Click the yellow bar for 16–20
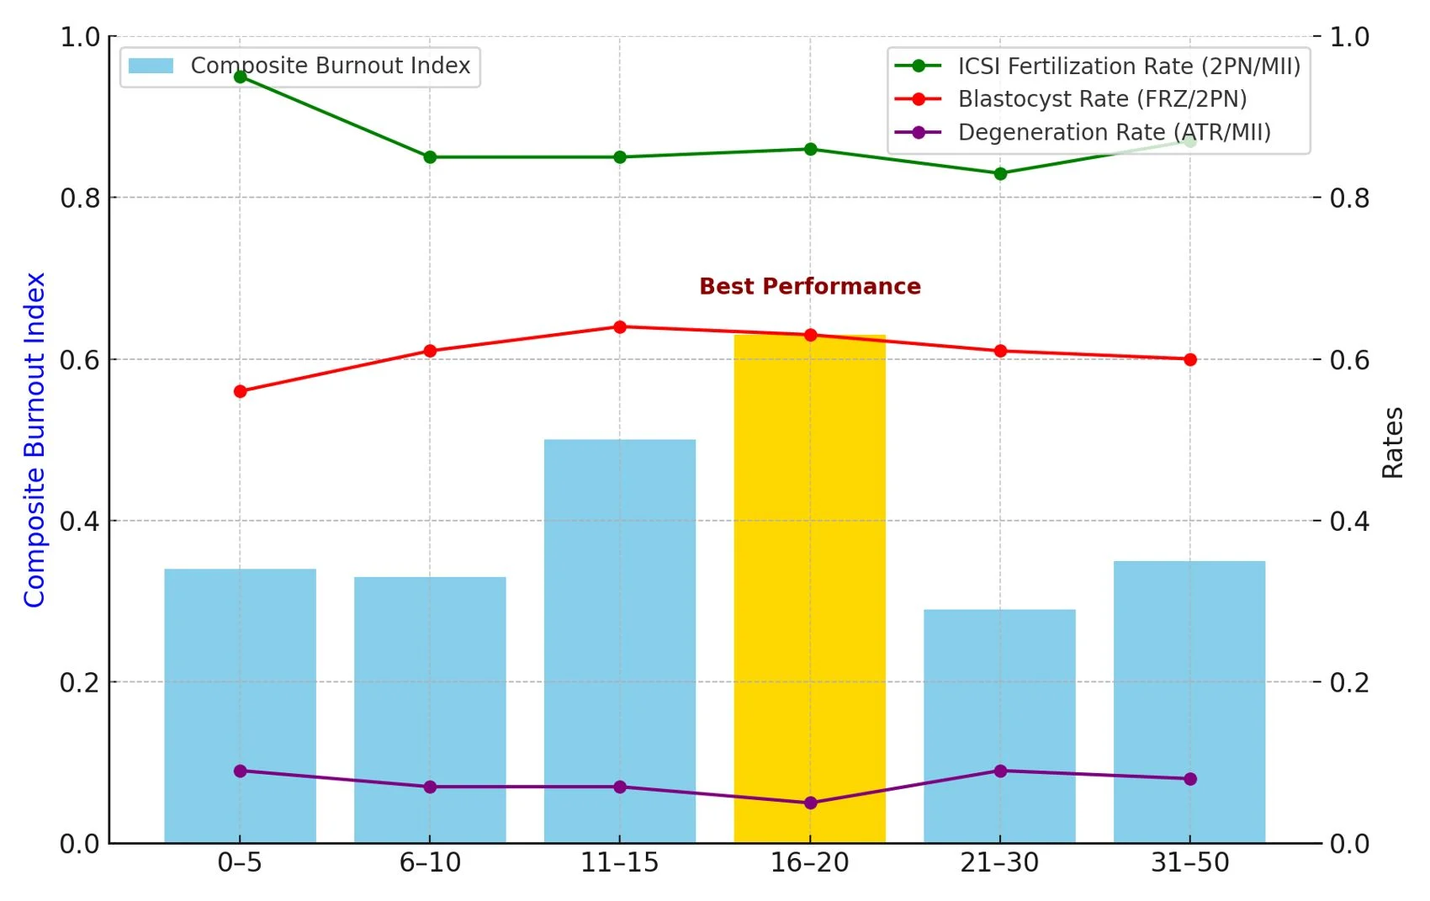(x=809, y=589)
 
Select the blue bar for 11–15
(x=619, y=640)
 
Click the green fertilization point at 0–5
(x=240, y=77)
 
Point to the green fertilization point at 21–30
(x=1000, y=173)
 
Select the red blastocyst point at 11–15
(x=620, y=326)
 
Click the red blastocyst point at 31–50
(x=1189, y=359)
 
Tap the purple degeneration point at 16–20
(x=810, y=803)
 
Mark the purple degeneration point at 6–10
(x=430, y=787)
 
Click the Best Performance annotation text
(x=809, y=286)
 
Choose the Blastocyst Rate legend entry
(x=1101, y=99)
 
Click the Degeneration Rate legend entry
(x=1113, y=132)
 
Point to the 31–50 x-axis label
(x=1189, y=862)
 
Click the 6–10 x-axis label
(x=430, y=862)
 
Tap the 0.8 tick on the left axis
(x=79, y=198)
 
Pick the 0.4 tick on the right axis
(x=1349, y=521)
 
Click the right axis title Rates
(x=1392, y=443)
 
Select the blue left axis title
(x=34, y=439)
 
